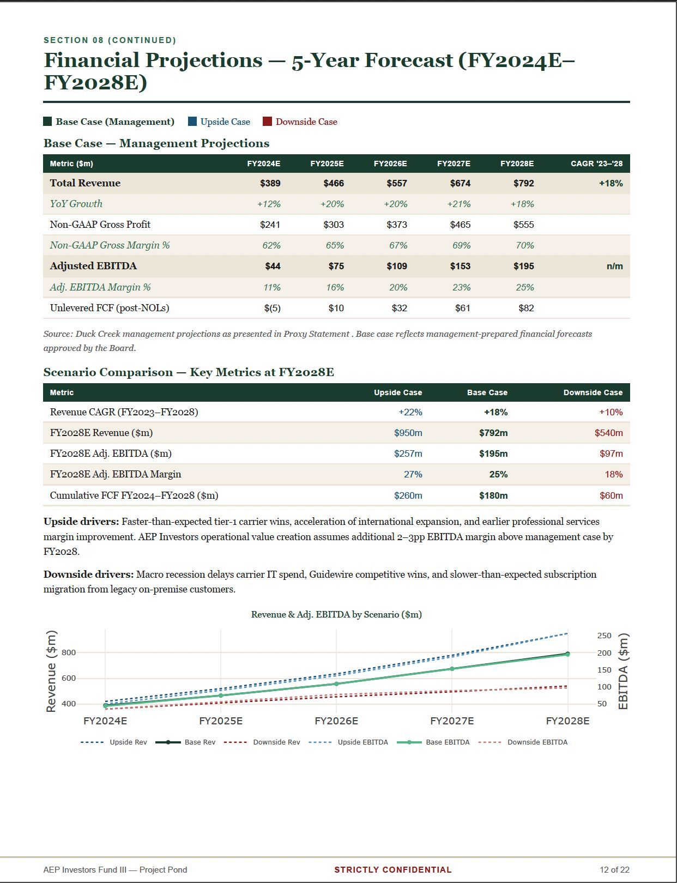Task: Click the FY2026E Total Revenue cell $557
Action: point(397,183)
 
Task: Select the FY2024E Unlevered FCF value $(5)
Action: point(272,308)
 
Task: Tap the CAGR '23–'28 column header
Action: point(596,164)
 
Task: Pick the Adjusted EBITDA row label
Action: point(93,266)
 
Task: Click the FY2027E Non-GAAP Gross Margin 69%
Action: point(462,245)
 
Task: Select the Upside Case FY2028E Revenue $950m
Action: point(408,433)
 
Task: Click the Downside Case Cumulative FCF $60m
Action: point(611,496)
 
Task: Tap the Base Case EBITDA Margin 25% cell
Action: point(498,475)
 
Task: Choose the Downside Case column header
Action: point(593,392)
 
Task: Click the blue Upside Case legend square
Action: point(192,122)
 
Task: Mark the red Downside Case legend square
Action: point(267,122)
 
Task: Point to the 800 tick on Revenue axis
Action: point(69,652)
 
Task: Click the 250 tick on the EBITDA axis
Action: point(605,636)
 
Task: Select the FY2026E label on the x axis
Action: point(336,721)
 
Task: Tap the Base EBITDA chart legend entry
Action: point(433,742)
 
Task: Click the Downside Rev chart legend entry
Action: point(262,742)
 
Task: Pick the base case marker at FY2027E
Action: point(452,668)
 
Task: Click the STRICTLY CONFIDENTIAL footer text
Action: point(393,869)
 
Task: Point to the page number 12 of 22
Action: point(614,869)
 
